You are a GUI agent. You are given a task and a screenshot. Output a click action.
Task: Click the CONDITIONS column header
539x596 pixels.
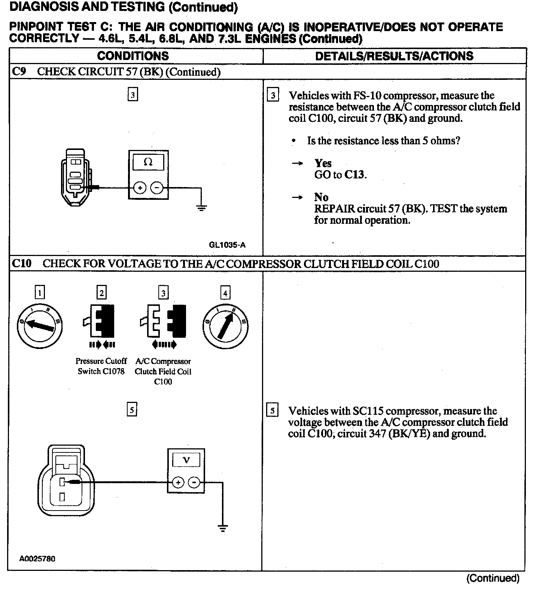133,56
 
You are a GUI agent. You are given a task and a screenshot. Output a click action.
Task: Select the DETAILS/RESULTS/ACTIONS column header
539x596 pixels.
394,56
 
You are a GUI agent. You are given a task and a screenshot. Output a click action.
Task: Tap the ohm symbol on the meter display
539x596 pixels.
148,162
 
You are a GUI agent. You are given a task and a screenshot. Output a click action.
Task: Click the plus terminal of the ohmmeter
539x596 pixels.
140,188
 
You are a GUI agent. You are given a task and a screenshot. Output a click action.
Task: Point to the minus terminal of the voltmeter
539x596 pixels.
194,482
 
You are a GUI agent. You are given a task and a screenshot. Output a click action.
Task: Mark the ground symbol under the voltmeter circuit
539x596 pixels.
223,529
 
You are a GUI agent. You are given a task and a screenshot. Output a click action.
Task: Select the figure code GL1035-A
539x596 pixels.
227,245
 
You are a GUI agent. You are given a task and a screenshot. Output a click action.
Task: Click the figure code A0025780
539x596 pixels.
37,559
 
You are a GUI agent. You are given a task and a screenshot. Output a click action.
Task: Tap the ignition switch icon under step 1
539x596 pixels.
40,326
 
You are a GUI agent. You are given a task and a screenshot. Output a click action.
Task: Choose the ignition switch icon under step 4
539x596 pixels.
225,326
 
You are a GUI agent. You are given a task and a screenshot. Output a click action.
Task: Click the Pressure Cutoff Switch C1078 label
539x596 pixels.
101,366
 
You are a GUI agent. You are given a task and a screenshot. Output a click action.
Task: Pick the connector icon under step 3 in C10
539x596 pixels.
163,322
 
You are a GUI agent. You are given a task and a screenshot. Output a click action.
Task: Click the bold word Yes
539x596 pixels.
323,163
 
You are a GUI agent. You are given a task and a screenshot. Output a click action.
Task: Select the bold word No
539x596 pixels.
321,197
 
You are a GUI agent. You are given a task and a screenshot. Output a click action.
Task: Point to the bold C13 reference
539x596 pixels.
354,175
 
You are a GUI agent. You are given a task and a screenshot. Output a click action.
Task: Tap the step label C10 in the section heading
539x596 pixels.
22,264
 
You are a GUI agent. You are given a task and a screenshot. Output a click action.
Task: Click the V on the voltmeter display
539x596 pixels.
186,460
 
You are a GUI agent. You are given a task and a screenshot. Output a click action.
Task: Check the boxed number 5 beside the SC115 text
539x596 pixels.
272,410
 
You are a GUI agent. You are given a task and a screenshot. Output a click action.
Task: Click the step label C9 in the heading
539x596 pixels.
19,72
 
